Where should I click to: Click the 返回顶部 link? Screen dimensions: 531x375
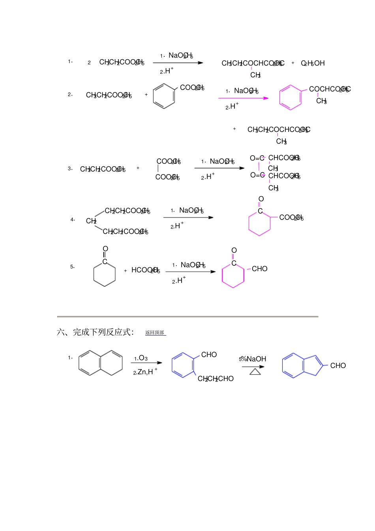(155, 333)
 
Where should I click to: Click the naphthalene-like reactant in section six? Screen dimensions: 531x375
(101, 363)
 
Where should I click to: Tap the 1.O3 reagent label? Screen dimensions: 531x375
(141, 358)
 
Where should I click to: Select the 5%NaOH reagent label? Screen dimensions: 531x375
(253, 359)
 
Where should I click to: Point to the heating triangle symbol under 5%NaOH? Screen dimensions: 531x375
(255, 372)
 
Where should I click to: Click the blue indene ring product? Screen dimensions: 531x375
(302, 365)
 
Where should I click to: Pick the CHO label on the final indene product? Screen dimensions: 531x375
(338, 366)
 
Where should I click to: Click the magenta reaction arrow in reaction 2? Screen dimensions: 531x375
(244, 98)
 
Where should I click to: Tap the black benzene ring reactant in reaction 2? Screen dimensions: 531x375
(164, 96)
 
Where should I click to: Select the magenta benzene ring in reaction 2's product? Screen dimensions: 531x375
(291, 97)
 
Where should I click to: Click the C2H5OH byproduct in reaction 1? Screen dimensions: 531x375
(313, 63)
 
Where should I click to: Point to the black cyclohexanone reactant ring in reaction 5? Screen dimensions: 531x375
(105, 274)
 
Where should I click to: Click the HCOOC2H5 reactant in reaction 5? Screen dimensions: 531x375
(145, 270)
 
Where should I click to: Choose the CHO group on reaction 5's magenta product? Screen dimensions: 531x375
(259, 269)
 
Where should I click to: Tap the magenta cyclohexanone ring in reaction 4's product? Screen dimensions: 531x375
(259, 224)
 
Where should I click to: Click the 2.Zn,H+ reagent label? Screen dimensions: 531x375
(145, 372)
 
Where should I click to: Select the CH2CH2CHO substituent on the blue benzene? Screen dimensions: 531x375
(216, 379)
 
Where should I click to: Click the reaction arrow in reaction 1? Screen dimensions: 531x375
(178, 63)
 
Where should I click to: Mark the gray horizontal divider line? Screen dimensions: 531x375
(187, 317)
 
